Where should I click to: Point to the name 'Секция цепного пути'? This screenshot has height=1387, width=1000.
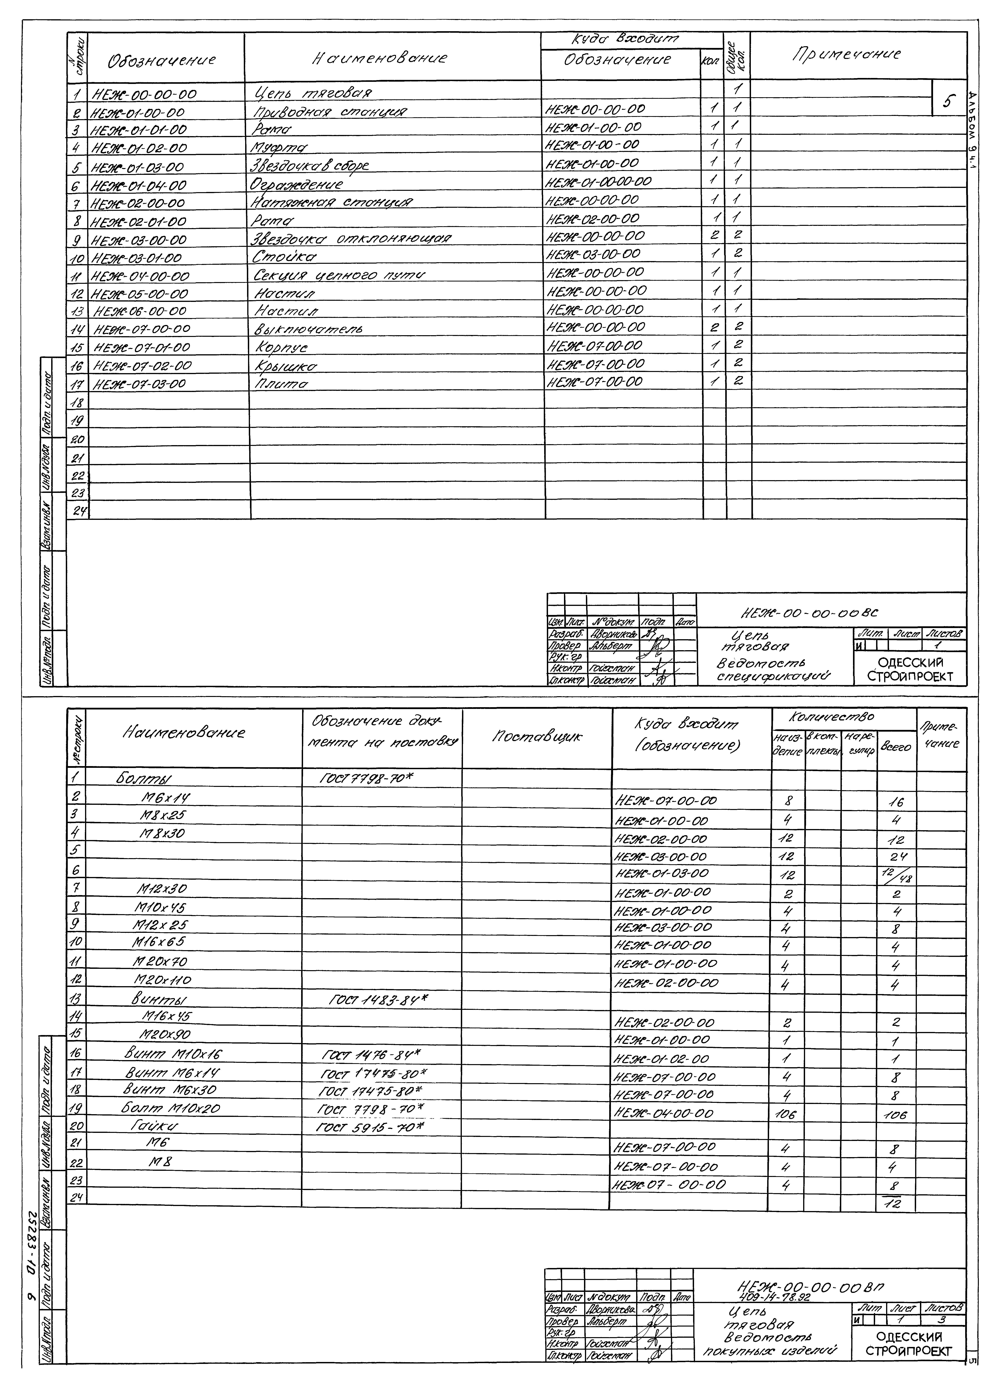coord(339,275)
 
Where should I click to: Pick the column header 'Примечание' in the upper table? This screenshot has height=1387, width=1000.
coord(847,54)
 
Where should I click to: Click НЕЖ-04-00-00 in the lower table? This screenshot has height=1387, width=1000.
coord(663,1114)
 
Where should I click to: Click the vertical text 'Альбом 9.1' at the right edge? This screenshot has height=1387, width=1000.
coord(972,131)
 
